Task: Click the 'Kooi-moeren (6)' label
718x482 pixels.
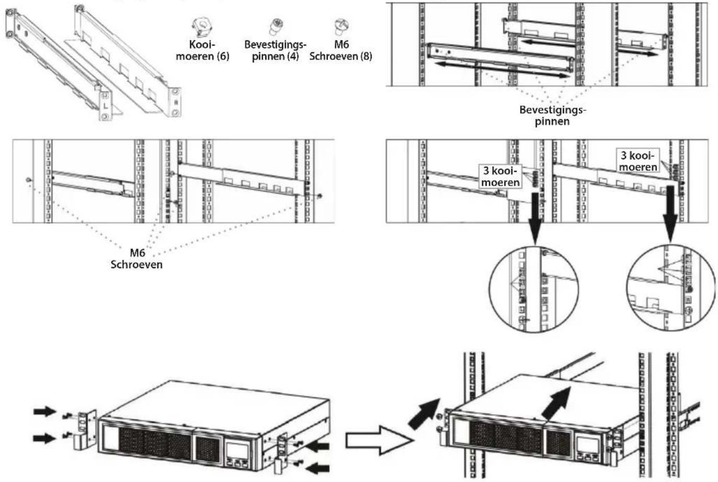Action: coord(202,51)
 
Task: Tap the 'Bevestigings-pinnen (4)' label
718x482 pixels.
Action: coord(275,51)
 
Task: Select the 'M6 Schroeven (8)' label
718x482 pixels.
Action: coord(340,51)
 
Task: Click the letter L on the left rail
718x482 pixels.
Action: coord(105,105)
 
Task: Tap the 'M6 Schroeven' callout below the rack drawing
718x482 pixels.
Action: coord(136,259)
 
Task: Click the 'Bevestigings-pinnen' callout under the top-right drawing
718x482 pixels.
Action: coord(552,115)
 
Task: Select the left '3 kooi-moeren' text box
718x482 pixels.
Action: coord(500,177)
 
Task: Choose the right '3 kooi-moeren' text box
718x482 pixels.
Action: coord(638,161)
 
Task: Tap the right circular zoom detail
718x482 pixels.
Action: coord(670,288)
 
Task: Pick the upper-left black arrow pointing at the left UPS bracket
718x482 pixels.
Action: coord(46,412)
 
